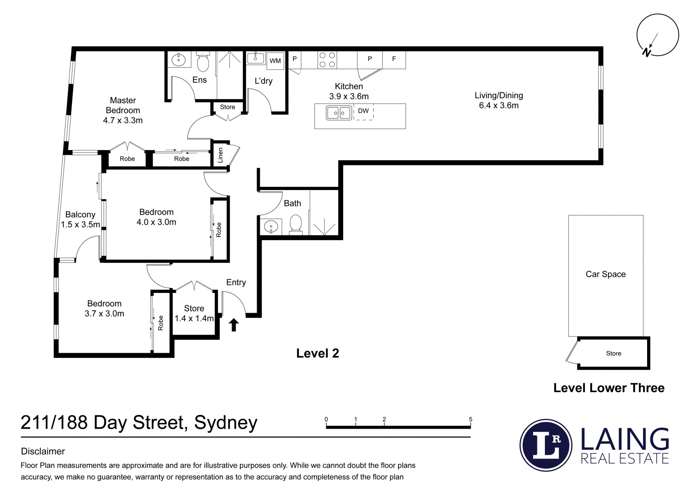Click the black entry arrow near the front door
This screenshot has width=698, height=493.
(x=234, y=325)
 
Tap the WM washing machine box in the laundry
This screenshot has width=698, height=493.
(x=275, y=61)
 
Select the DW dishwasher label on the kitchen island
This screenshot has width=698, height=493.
(x=363, y=111)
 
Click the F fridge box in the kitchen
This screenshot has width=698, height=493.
(x=394, y=60)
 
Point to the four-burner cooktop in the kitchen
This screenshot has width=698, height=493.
(x=327, y=60)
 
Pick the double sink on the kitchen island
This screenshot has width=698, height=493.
(x=339, y=113)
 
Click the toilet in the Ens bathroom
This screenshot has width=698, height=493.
(x=203, y=62)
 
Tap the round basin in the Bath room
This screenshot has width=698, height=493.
(x=271, y=227)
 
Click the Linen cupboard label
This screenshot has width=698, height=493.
(x=220, y=155)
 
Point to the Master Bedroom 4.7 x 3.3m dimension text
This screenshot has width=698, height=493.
(x=123, y=120)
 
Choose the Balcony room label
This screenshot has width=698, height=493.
(x=80, y=214)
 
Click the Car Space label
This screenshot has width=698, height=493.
(x=606, y=274)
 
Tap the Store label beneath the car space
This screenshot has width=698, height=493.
(x=614, y=353)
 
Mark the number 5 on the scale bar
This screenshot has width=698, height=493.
(x=470, y=419)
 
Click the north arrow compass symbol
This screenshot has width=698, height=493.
(x=658, y=35)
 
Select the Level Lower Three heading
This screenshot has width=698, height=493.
(x=609, y=388)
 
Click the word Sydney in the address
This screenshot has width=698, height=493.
(x=226, y=423)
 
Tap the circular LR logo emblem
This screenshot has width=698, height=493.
(x=546, y=445)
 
